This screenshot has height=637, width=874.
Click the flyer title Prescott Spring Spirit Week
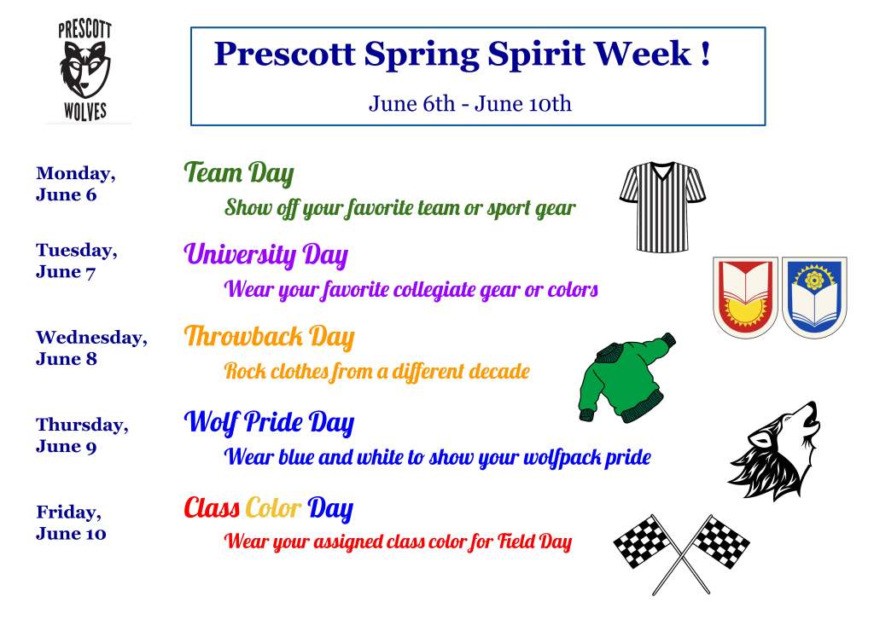461,54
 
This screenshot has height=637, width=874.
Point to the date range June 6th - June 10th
469,104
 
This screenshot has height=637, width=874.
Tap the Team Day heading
238,174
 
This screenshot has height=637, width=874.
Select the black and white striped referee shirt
662,206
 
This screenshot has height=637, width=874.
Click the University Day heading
265,255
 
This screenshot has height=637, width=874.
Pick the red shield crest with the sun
745,298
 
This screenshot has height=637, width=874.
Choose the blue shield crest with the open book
814,298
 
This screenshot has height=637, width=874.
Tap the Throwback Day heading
268,337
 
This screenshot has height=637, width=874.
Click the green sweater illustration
624,380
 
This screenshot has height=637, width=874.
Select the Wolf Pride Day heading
268,422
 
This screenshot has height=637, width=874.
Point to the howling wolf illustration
776,452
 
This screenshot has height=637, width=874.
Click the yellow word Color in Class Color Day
273,509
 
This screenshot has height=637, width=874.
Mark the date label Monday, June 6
75,184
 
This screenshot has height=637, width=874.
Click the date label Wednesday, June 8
90,348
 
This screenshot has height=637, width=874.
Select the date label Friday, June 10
71,523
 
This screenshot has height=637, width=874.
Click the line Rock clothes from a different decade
376,372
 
